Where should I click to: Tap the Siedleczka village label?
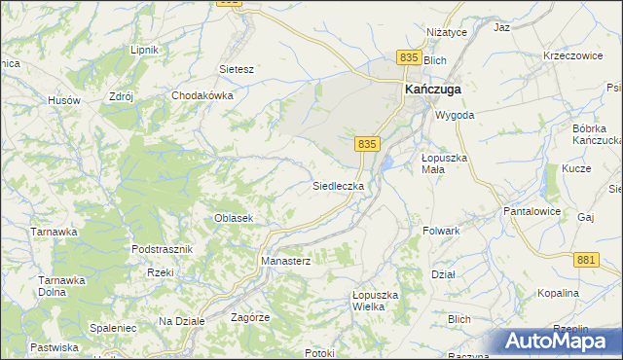[x=338, y=185]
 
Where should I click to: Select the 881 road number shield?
[x=585, y=259]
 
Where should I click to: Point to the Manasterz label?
[x=285, y=262]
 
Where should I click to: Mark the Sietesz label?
[x=237, y=70]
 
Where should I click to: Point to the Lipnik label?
[x=144, y=50]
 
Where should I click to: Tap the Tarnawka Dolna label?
[x=61, y=287]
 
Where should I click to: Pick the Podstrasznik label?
[x=163, y=249]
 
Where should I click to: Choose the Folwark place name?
[x=441, y=232]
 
